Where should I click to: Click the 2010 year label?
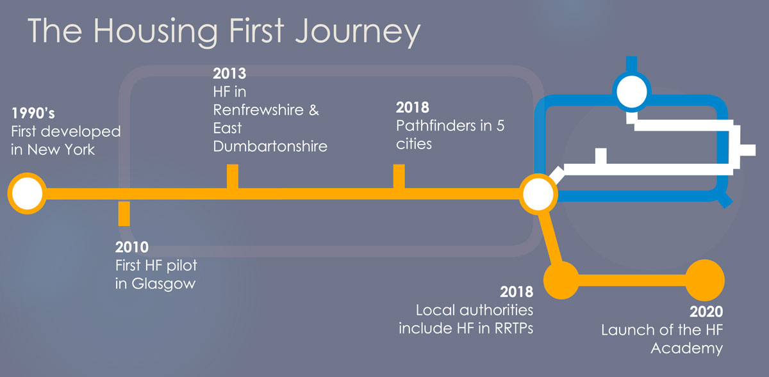(x=132, y=247)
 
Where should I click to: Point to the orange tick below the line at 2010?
(x=124, y=213)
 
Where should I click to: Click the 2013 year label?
(x=229, y=73)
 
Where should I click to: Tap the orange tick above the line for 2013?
(x=233, y=176)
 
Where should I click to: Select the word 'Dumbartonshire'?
(x=270, y=146)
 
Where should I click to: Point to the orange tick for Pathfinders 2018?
(x=399, y=176)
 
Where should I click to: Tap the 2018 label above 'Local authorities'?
(x=517, y=293)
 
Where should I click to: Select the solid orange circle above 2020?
(x=705, y=280)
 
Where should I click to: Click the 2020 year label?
(x=706, y=313)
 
